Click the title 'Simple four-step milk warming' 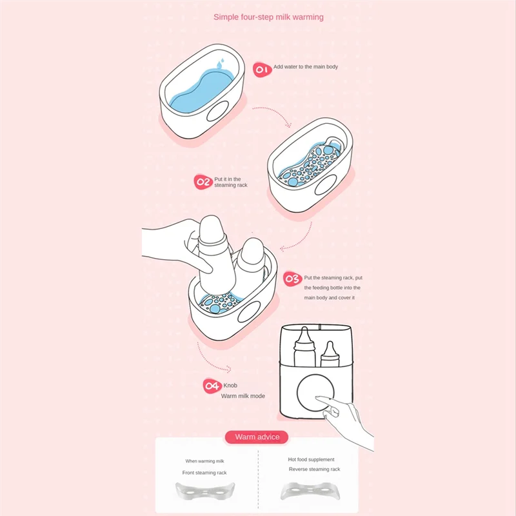click(x=268, y=17)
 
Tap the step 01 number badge click(x=261, y=70)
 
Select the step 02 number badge click(x=203, y=183)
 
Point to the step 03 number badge click(x=292, y=279)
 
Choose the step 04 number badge click(x=212, y=386)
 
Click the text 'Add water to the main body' click(x=305, y=67)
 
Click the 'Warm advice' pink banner click(x=257, y=437)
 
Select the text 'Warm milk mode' click(x=243, y=395)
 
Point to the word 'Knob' click(x=230, y=385)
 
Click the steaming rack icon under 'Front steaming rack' click(x=206, y=493)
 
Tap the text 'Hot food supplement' click(x=311, y=459)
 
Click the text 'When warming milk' click(x=205, y=461)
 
